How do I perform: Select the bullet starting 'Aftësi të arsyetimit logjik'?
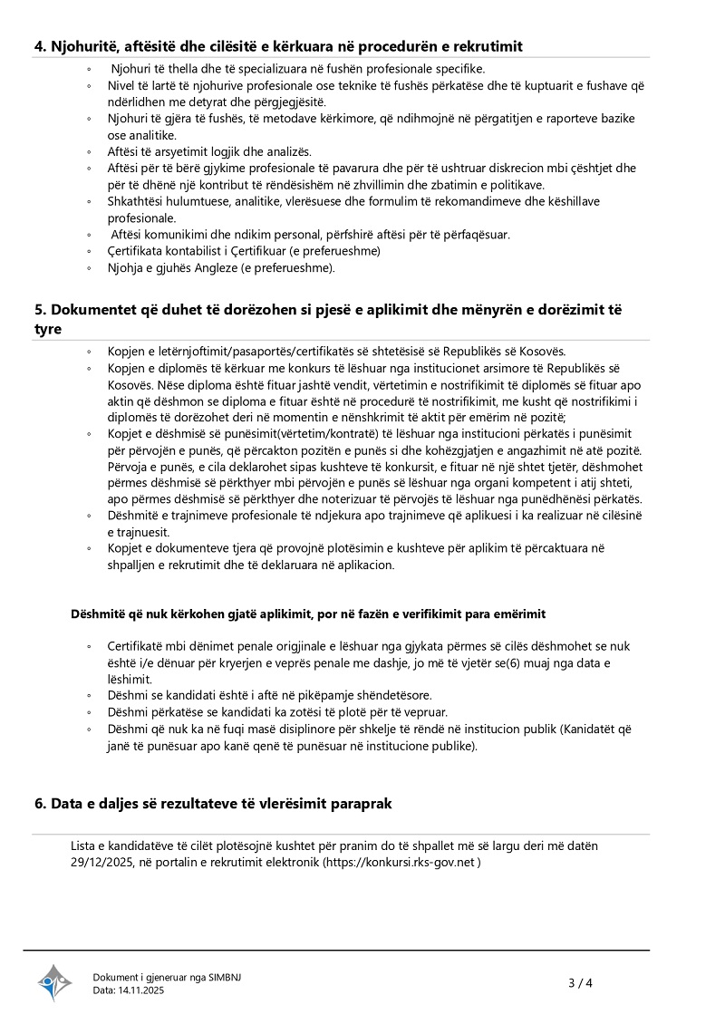tap(209, 151)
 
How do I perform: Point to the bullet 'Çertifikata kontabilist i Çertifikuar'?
tap(244, 250)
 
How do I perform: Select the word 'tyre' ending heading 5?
tap(47, 328)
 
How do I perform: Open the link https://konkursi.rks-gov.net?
tap(400, 863)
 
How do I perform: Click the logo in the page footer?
tap(54, 982)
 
